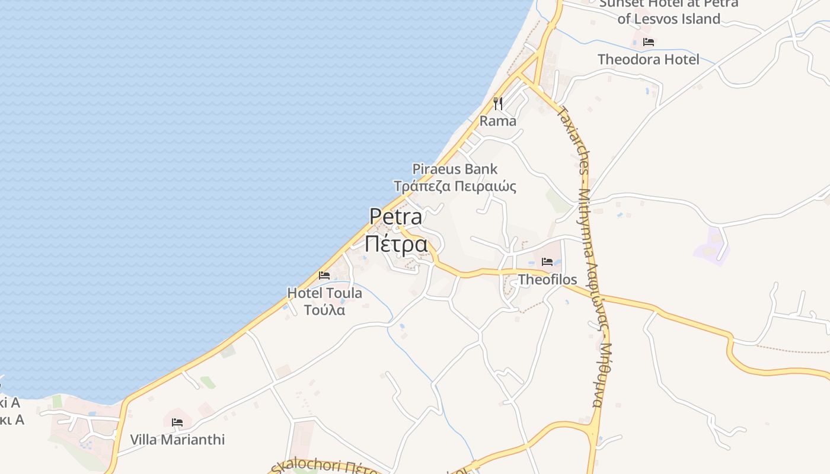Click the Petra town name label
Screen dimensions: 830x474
[x=396, y=216]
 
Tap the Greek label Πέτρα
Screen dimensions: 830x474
[x=396, y=244]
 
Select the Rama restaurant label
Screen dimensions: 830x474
[x=497, y=121]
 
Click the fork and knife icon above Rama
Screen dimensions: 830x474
[x=498, y=104]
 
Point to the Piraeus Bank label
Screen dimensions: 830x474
[x=455, y=169]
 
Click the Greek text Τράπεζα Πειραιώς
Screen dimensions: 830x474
[x=455, y=186]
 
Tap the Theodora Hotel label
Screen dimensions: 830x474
[x=648, y=59]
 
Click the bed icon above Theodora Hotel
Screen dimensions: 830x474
[x=648, y=42]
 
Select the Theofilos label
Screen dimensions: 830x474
[x=547, y=279]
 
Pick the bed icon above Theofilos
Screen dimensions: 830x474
[x=547, y=261]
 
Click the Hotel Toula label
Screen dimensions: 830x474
[x=324, y=293]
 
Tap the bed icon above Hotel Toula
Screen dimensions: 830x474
[x=324, y=275]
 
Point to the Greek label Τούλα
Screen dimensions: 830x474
[x=324, y=310]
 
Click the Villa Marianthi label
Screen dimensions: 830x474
[x=177, y=440]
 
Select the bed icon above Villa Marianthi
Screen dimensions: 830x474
[x=177, y=422]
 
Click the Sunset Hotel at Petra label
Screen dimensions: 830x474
[x=669, y=4]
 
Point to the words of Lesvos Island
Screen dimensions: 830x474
[x=669, y=19]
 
